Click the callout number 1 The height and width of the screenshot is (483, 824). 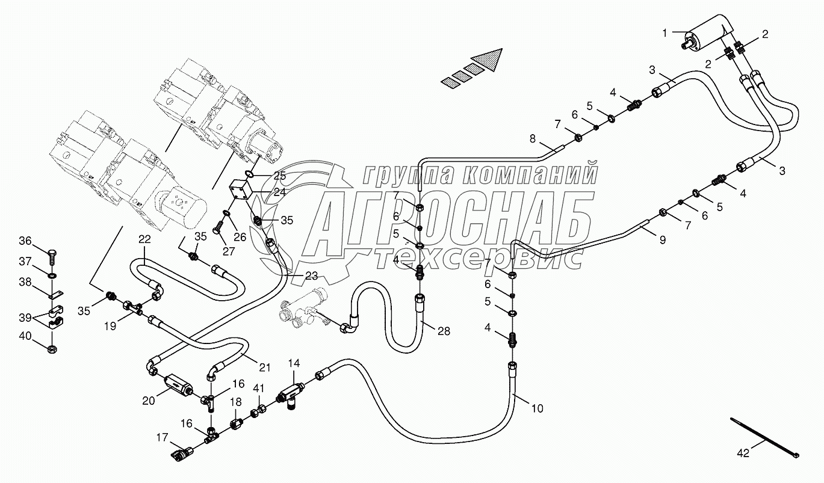[x=664, y=33]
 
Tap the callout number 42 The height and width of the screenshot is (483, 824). [x=743, y=453]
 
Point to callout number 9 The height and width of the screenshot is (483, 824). [x=662, y=240]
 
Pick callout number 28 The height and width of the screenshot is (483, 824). [x=444, y=330]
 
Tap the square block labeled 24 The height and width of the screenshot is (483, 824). [x=243, y=193]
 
